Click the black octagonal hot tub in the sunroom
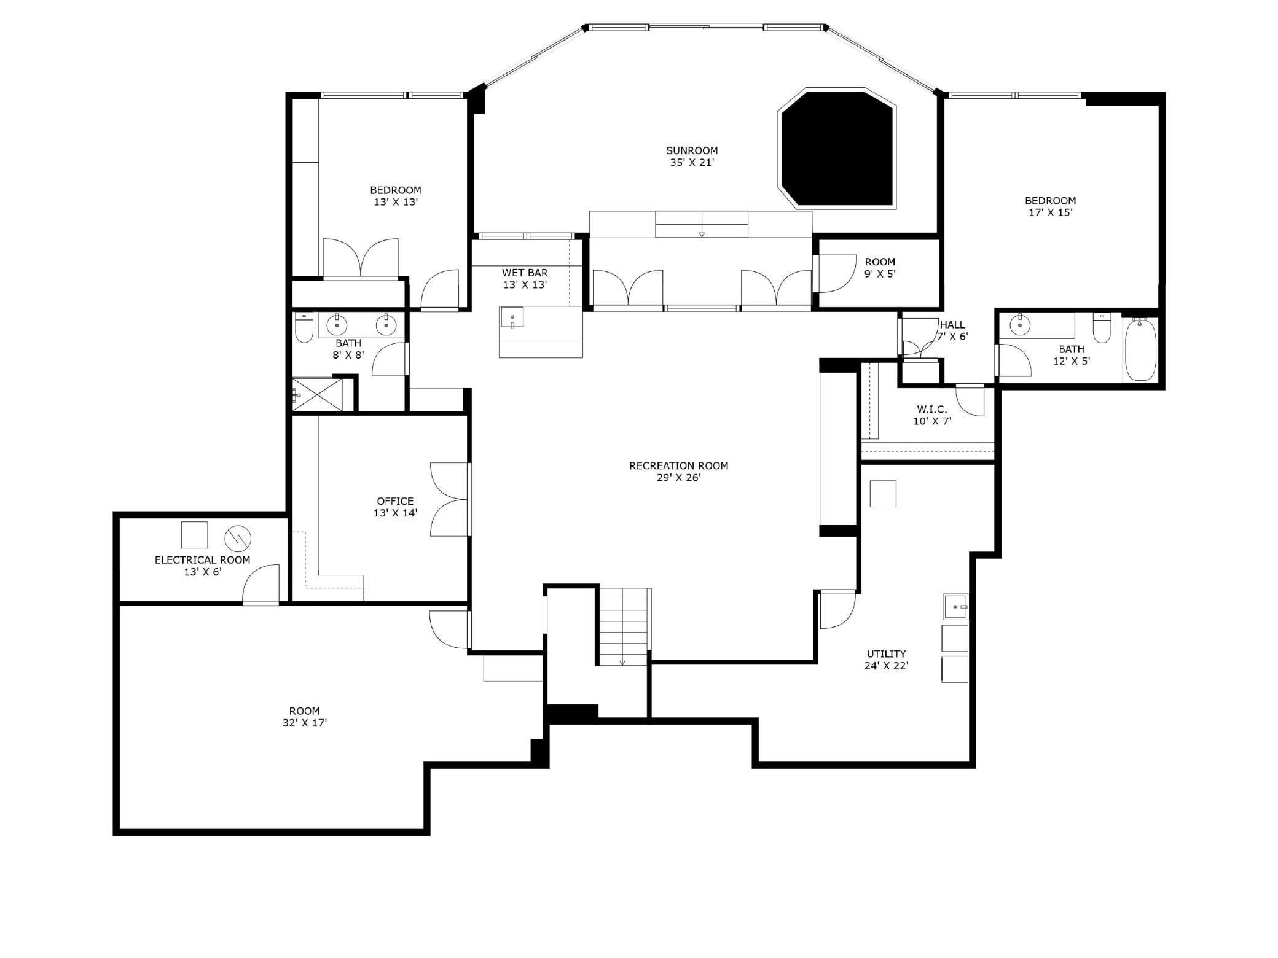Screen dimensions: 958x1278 tap(837, 148)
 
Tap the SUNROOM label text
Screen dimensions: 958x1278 tap(692, 150)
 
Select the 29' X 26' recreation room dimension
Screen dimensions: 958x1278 tap(678, 478)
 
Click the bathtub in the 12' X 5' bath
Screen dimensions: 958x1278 tap(1140, 349)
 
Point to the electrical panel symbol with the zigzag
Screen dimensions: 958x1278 tap(238, 539)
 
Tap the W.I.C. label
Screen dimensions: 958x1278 tap(931, 409)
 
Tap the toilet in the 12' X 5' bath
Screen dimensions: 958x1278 tap(1102, 329)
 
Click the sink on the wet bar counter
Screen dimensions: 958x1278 tap(512, 318)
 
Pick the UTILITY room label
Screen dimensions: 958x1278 tap(886, 653)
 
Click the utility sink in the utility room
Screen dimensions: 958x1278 tap(954, 607)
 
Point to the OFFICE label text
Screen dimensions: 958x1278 tap(395, 501)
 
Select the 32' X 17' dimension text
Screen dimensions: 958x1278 tap(305, 723)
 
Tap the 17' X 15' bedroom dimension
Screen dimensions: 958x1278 tap(1050, 212)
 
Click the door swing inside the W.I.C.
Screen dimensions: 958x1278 tap(971, 400)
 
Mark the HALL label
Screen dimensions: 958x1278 tap(952, 325)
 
